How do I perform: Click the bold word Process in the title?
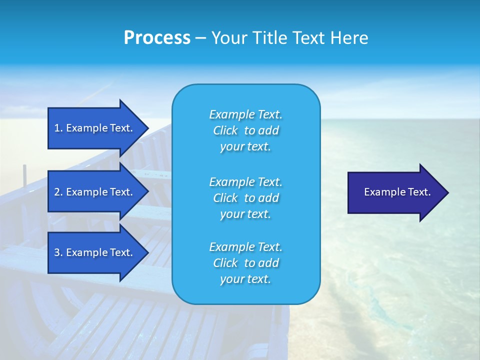pyautogui.click(x=157, y=38)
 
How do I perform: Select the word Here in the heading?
pyautogui.click(x=348, y=38)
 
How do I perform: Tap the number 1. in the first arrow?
pyautogui.click(x=58, y=128)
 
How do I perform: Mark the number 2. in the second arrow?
pyautogui.click(x=58, y=192)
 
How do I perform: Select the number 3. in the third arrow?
pyautogui.click(x=58, y=252)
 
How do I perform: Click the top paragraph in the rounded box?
pyautogui.click(x=245, y=130)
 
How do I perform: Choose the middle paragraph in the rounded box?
pyautogui.click(x=245, y=198)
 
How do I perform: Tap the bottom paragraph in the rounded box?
pyautogui.click(x=245, y=263)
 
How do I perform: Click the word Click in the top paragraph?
pyautogui.click(x=225, y=130)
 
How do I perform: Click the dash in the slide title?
pyautogui.click(x=200, y=38)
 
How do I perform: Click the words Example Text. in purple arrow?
pyautogui.click(x=397, y=192)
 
